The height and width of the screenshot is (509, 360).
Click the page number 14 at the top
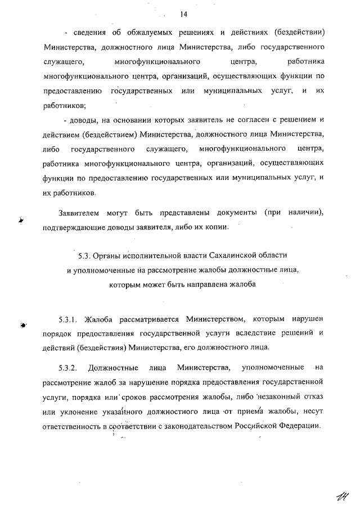[x=183, y=14]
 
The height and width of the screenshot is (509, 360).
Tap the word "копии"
[x=214, y=228]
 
